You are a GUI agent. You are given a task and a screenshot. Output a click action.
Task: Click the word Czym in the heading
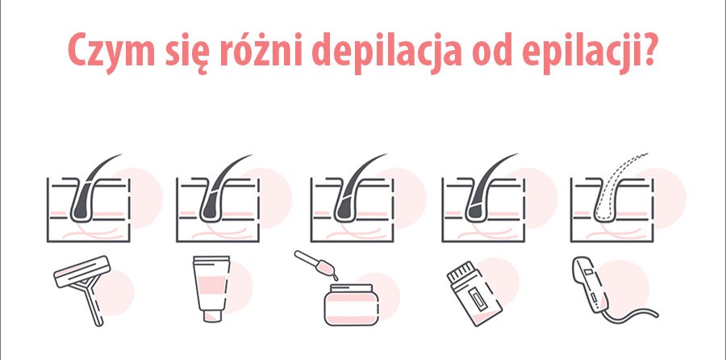point(111,52)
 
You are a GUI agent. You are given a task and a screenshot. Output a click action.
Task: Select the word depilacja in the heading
point(387,52)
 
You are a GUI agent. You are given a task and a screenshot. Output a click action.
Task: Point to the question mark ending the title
point(645,49)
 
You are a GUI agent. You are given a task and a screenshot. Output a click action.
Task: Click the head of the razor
point(82,271)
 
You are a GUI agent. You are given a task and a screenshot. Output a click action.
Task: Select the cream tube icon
point(211,289)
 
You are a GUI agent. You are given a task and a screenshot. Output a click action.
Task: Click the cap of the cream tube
point(212,316)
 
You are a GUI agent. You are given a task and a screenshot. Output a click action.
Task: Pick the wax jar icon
point(352,304)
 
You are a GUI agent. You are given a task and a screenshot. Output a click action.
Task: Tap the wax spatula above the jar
point(316,264)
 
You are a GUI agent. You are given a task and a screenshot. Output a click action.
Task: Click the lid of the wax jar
point(352,287)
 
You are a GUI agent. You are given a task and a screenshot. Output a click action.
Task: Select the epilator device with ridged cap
point(474,293)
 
